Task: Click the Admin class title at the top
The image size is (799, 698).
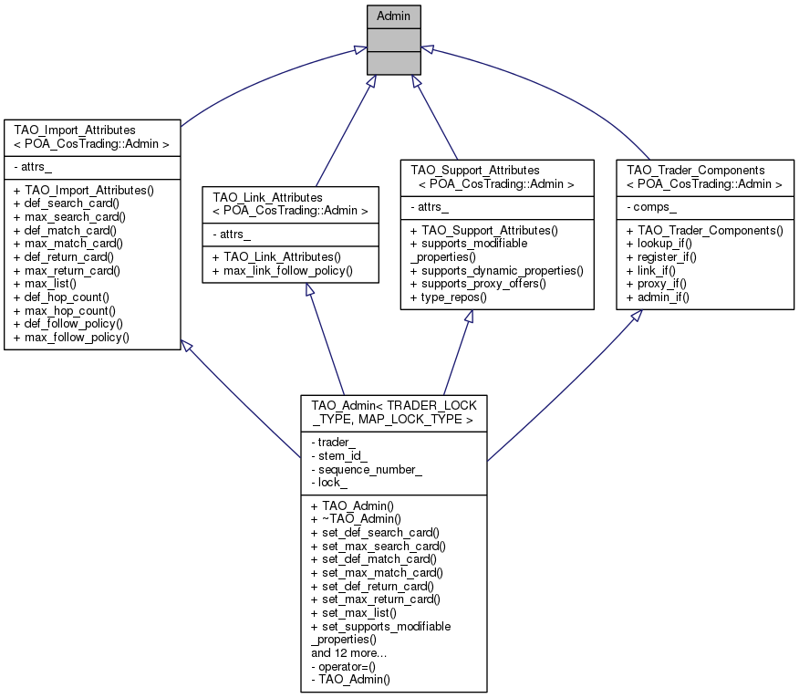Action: point(394,16)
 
